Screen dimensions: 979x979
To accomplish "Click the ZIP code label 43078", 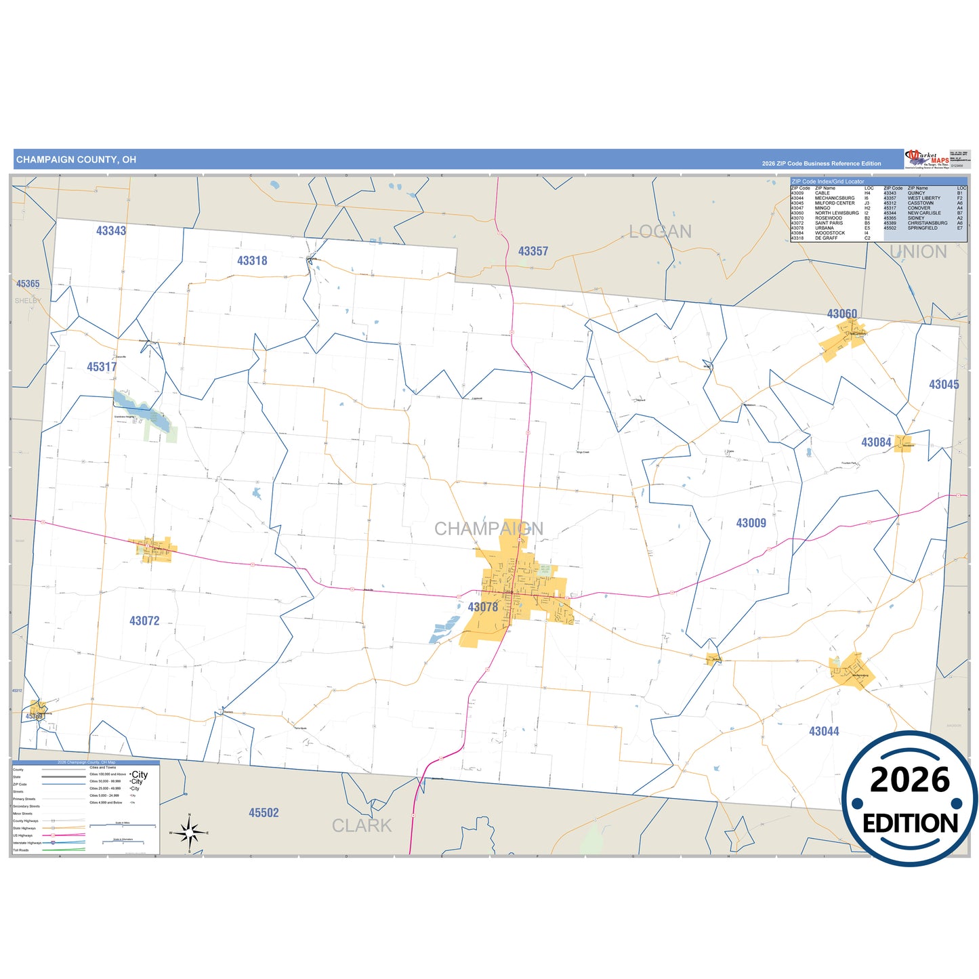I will [483, 607].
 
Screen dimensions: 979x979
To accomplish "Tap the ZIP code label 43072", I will [144, 621].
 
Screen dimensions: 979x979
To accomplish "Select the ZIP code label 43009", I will [751, 523].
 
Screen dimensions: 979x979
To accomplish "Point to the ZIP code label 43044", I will [824, 731].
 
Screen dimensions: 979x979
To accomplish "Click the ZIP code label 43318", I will [252, 261].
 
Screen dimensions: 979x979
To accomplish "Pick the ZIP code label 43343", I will [111, 231].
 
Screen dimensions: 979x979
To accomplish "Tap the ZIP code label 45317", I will [102, 367].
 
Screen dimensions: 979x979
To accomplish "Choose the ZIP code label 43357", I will [533, 251].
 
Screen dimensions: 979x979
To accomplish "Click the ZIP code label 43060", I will [842, 314].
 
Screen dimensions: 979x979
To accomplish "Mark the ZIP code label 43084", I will [876, 442].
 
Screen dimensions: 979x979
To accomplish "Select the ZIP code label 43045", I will [944, 385].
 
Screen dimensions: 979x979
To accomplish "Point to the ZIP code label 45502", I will [264, 813].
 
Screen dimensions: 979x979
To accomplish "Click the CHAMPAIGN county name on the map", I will [488, 528].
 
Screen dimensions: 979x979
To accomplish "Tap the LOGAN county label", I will [660, 232].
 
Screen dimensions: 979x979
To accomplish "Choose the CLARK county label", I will [362, 826].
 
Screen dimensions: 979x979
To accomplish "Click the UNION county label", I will [918, 252].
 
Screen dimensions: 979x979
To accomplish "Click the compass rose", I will [190, 832].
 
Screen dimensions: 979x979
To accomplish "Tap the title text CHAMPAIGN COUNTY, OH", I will [76, 160].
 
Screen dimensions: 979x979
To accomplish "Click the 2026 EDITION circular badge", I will [909, 799].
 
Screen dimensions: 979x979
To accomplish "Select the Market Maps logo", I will [927, 159].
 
